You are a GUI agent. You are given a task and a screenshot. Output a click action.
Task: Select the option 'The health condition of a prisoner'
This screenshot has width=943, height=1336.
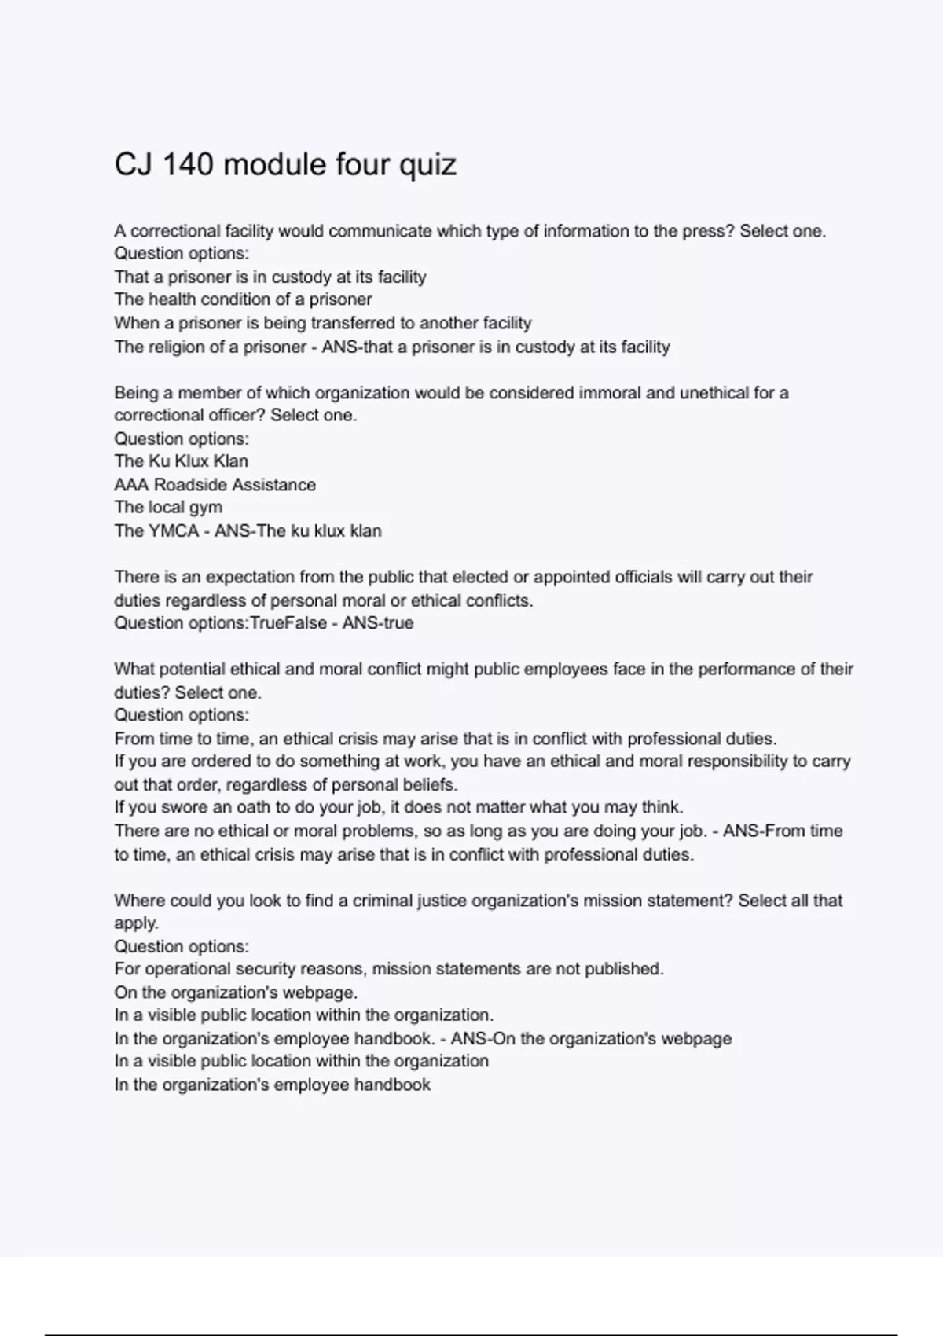(243, 299)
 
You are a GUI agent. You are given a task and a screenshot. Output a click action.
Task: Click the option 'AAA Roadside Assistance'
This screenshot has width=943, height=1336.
(215, 485)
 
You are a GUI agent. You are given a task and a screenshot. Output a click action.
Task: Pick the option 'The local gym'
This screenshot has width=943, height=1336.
(168, 508)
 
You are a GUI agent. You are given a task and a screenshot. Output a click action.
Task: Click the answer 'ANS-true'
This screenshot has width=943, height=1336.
(377, 623)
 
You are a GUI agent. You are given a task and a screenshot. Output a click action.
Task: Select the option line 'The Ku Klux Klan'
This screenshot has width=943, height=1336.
(181, 461)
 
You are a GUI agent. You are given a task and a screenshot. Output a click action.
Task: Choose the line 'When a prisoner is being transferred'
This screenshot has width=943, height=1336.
(322, 323)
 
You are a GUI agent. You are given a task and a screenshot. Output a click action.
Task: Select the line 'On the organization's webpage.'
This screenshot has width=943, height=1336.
(235, 993)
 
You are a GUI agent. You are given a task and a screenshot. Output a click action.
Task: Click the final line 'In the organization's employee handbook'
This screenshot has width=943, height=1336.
(272, 1085)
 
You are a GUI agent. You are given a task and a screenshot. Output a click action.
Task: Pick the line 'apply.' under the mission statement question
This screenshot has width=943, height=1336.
(136, 923)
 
